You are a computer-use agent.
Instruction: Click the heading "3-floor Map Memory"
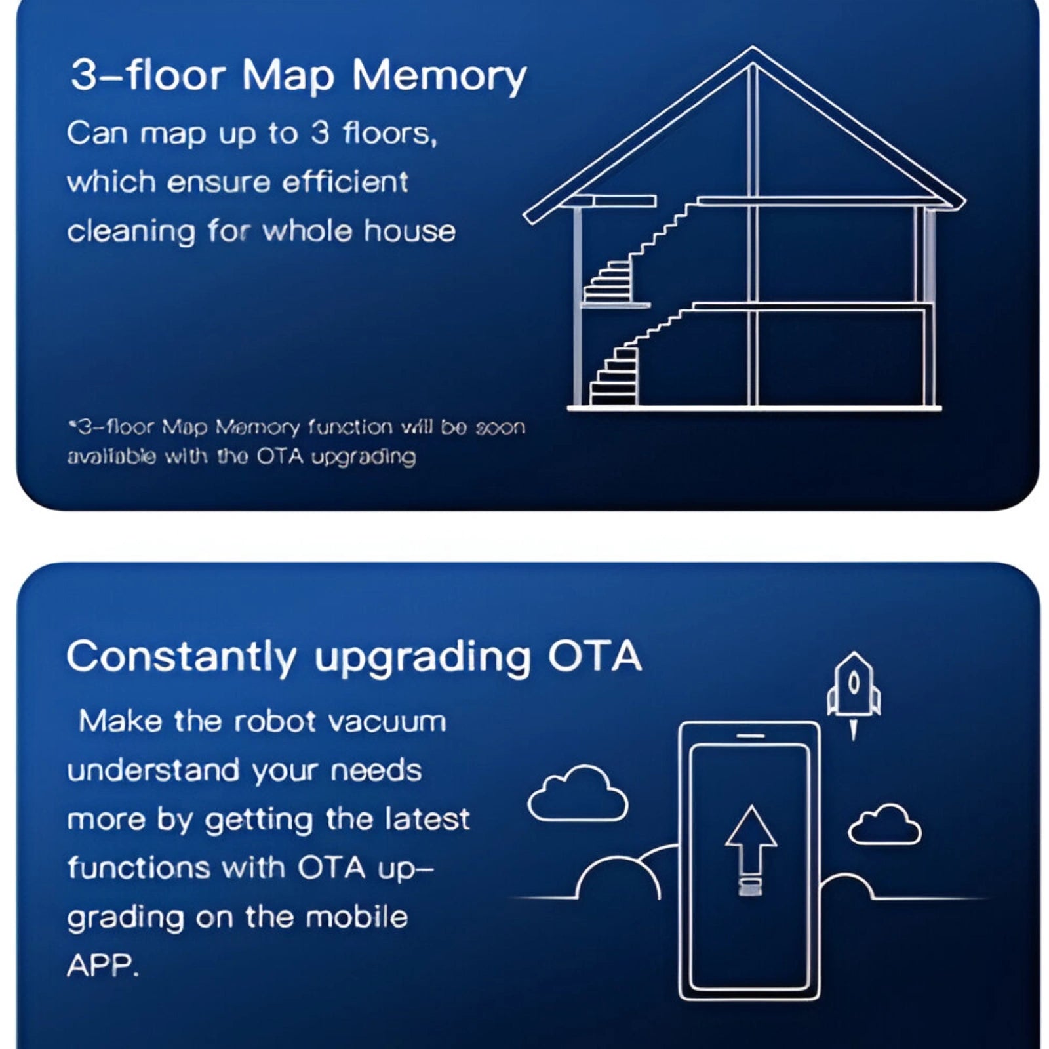click(298, 75)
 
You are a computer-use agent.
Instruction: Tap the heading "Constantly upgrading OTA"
click(354, 657)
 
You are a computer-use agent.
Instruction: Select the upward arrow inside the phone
click(751, 850)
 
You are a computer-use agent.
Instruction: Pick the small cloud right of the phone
click(884, 825)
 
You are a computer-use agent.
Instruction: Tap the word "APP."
click(103, 965)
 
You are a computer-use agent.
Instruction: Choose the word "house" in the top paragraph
click(410, 231)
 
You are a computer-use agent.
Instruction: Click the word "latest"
click(427, 820)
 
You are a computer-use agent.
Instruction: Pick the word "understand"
click(153, 770)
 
